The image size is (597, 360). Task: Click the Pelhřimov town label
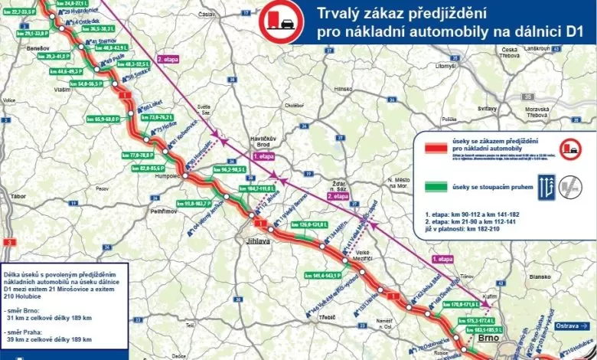pos(164,209)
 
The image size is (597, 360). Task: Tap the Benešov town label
pos(37,47)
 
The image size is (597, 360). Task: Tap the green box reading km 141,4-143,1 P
pos(321,274)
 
